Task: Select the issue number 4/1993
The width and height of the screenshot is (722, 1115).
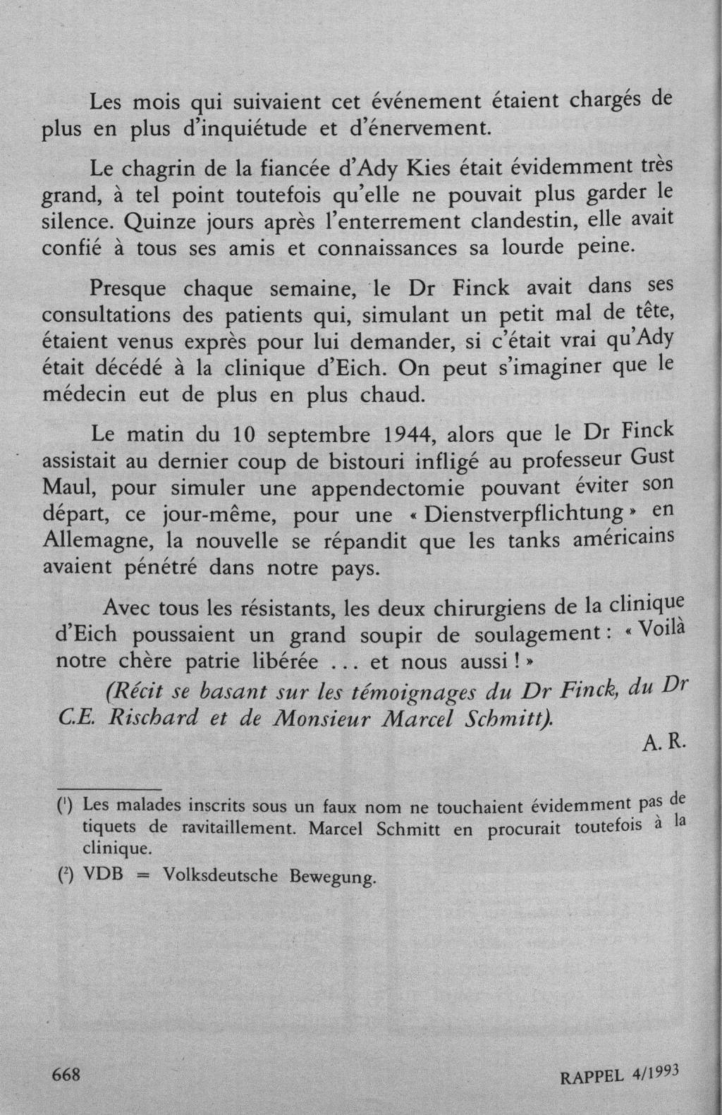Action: (x=651, y=1072)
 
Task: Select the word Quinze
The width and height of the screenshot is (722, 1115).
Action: (x=157, y=221)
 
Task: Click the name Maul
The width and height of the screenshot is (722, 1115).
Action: (x=70, y=488)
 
